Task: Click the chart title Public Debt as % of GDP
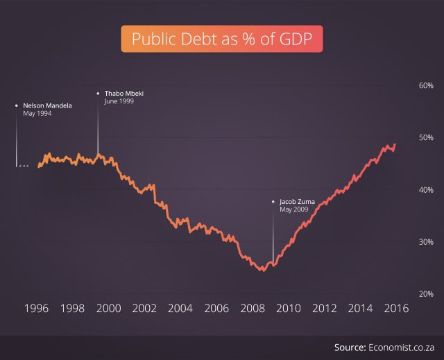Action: tap(222, 39)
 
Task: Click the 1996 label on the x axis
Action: tap(35, 309)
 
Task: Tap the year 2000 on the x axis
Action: tap(108, 309)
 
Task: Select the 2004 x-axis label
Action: tap(180, 309)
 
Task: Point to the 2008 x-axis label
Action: tap(252, 309)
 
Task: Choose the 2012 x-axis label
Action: tap(324, 309)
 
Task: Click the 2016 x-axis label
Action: tap(395, 309)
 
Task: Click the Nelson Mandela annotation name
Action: tap(47, 105)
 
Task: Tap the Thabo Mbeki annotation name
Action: tap(123, 93)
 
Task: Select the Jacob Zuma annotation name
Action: tap(298, 202)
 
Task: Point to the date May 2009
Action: tap(294, 209)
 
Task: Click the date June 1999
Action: tap(119, 101)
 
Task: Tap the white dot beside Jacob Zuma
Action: tap(273, 202)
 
